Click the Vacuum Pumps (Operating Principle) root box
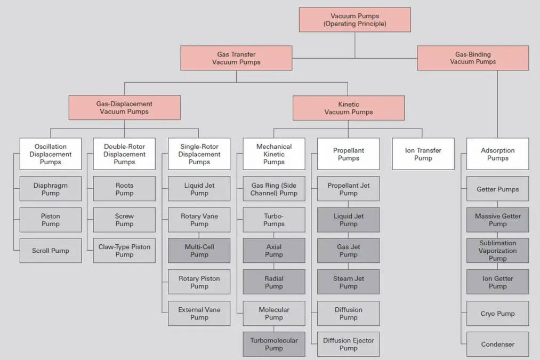tap(354, 20)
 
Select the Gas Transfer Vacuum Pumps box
tap(236, 58)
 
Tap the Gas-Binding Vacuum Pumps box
tap(473, 58)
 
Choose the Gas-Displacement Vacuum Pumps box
tap(124, 108)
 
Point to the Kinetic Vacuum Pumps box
tap(348, 108)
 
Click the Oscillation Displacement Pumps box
tap(51, 154)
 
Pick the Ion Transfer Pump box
tap(423, 154)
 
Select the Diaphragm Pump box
tap(51, 189)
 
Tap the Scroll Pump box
tap(51, 251)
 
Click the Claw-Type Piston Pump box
tap(124, 251)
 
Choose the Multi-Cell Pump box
tap(199, 251)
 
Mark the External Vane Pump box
tap(199, 314)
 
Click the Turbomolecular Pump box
tap(274, 344)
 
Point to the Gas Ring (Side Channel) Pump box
tap(274, 189)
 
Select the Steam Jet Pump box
tap(349, 282)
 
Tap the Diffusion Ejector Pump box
tap(349, 344)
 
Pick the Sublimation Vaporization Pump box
tap(498, 251)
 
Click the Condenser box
tap(498, 344)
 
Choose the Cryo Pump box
tap(498, 314)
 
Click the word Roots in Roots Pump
tap(124, 186)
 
